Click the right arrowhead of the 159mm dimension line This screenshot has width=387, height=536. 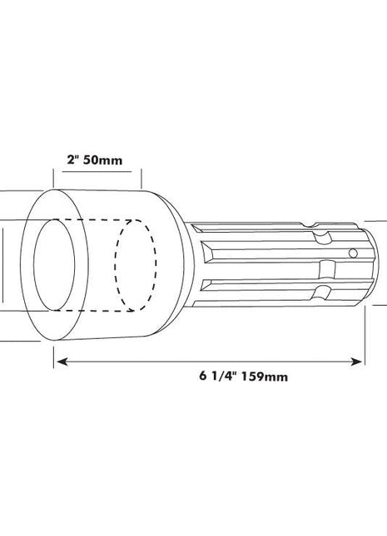coord(360,361)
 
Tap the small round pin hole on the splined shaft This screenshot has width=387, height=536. coord(353,253)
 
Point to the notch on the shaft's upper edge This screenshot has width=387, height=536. coord(320,238)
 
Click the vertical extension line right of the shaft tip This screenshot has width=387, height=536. coord(365,332)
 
